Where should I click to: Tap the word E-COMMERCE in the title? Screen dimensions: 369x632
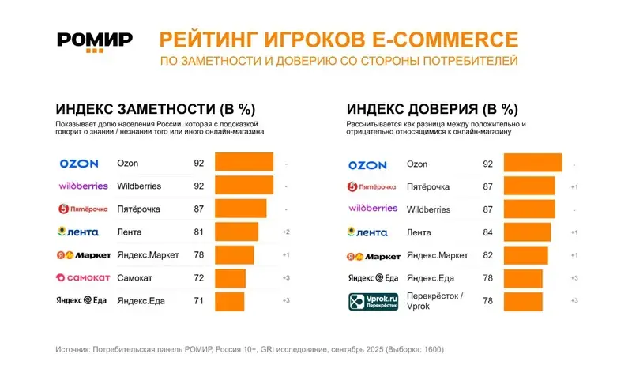click(453, 39)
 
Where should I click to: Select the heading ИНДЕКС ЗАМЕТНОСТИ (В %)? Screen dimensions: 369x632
click(156, 109)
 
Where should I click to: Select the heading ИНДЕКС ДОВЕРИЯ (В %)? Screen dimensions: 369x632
click(432, 109)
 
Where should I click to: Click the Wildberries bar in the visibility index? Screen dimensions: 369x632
click(243, 186)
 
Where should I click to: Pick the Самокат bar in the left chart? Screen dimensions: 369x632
click(230, 278)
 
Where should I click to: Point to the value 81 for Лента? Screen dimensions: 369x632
click(198, 232)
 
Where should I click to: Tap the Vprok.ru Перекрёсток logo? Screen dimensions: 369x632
click(368, 302)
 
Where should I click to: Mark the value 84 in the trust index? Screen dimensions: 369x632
click(488, 232)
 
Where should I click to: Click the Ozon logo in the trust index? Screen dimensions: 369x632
click(368, 164)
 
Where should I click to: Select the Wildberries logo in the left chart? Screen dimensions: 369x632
click(84, 186)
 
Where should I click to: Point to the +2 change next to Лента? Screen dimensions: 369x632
click(287, 232)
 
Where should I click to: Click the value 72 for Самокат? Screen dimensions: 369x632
click(198, 278)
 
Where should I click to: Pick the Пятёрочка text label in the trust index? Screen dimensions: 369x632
click(427, 186)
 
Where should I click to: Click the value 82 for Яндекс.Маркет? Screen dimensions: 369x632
click(488, 255)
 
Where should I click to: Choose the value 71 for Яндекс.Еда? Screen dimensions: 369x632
click(198, 301)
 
